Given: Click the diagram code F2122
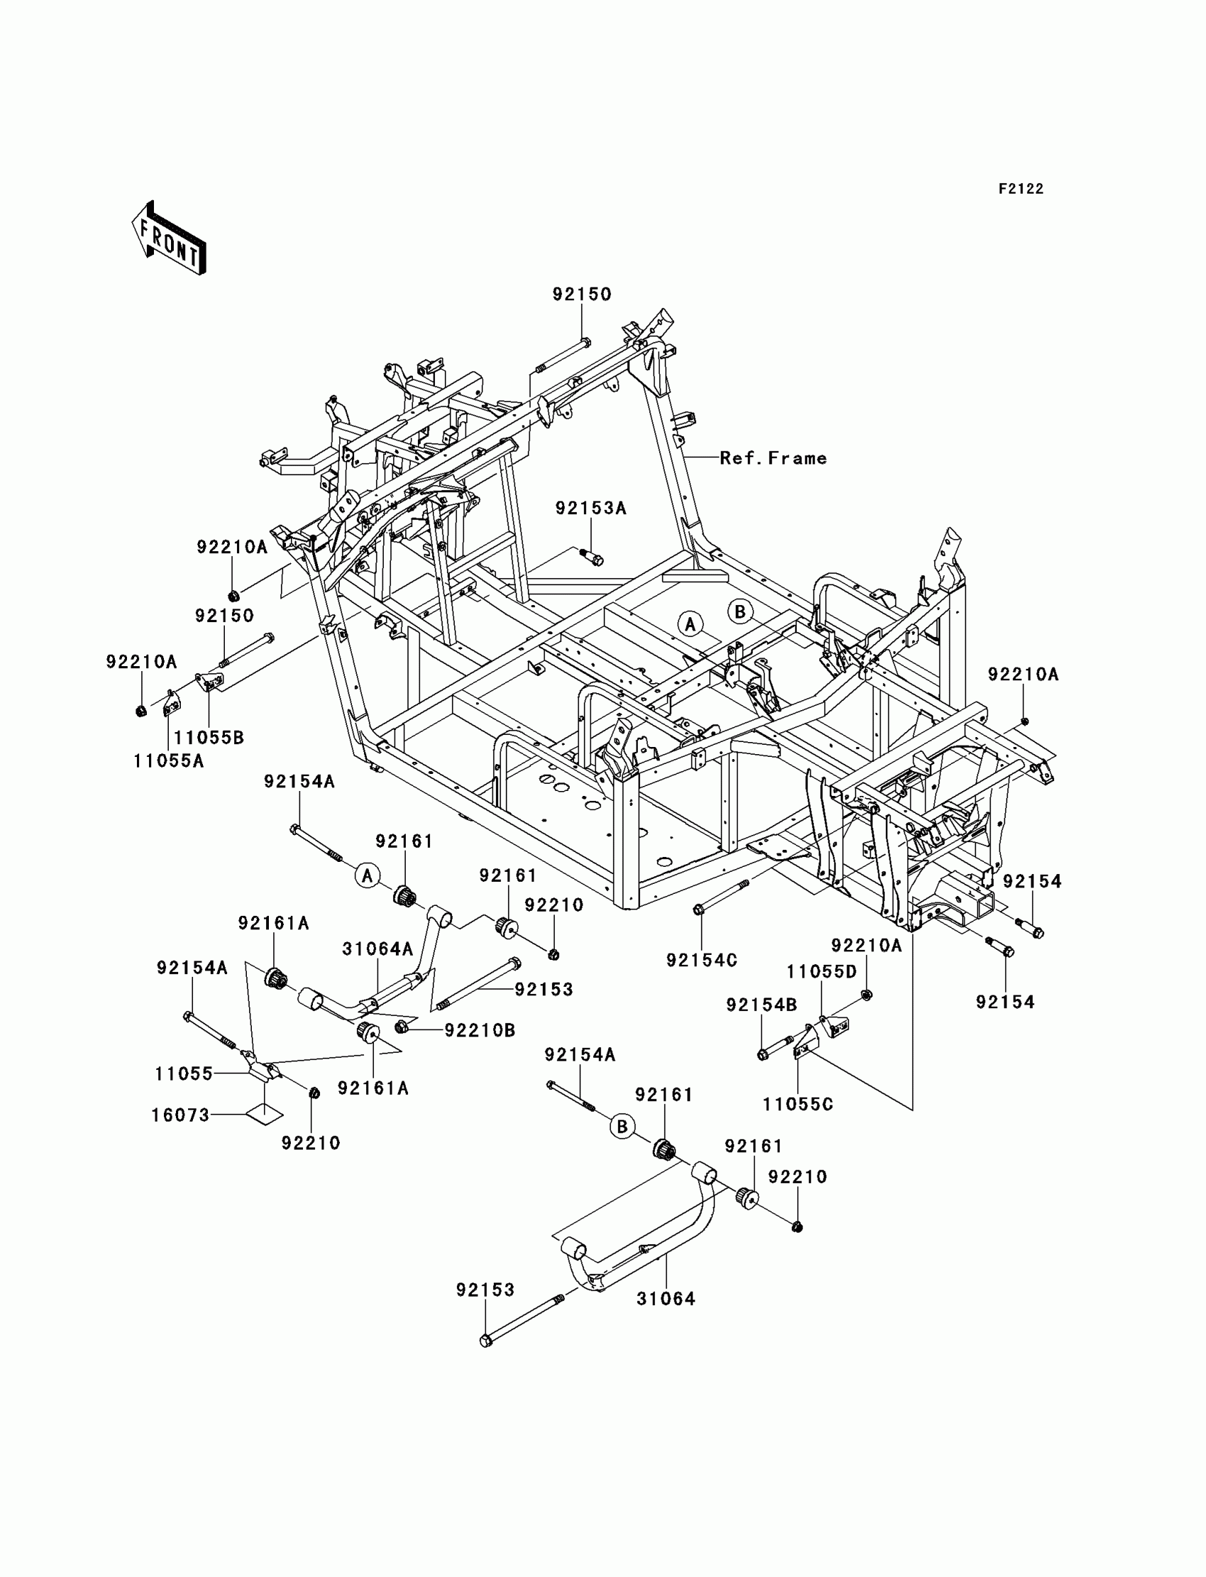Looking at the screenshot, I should coord(1021,189).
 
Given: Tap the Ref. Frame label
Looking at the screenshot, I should coord(773,458).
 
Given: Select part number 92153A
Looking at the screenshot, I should coord(591,508).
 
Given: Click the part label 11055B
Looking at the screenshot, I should coord(209,737).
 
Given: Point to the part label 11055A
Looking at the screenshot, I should coord(169,760).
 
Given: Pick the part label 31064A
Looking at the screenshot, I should coord(377,949).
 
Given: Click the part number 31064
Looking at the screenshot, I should coord(666,1298).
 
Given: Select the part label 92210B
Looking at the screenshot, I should coord(480,1030).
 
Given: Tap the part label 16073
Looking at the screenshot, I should coord(180,1114).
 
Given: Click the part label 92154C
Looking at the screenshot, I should coord(702,960).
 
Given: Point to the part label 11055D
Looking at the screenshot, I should coord(821,972).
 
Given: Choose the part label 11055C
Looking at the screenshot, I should coord(797,1104).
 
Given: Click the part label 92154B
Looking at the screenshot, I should coord(761,1005).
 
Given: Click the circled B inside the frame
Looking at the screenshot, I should coord(740,612).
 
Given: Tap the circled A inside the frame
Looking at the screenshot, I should coord(690,624).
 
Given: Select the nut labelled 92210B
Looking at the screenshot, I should coord(402,1028).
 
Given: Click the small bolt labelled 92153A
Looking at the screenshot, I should coord(594,557).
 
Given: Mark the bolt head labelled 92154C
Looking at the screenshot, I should coord(699,910).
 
